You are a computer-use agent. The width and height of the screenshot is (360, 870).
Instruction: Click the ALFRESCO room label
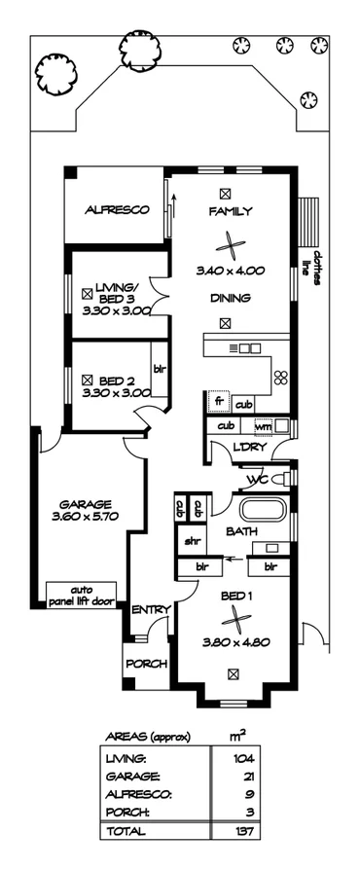pyautogui.click(x=115, y=209)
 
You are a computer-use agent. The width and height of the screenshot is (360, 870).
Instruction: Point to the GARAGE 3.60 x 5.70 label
pyautogui.click(x=86, y=511)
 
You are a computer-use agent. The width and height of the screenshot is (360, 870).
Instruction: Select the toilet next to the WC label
pyautogui.click(x=280, y=478)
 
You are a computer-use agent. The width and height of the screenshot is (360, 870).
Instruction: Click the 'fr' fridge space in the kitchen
pyautogui.click(x=219, y=401)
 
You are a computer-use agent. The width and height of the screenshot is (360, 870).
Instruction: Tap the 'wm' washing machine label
pyautogui.click(x=262, y=425)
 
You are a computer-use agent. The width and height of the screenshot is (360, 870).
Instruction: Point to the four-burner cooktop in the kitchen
pyautogui.click(x=281, y=378)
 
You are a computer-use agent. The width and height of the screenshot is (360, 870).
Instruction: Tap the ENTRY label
pyautogui.click(x=151, y=609)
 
